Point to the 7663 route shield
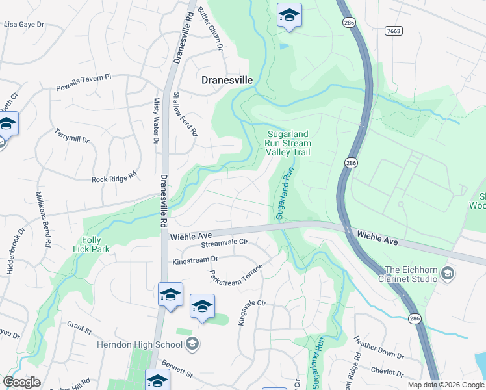(392, 31)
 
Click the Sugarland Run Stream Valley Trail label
(288, 144)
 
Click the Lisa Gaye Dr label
(24, 24)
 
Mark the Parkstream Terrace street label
(236, 277)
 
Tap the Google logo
(22, 382)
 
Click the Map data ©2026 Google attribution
(446, 385)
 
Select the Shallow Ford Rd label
(185, 113)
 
